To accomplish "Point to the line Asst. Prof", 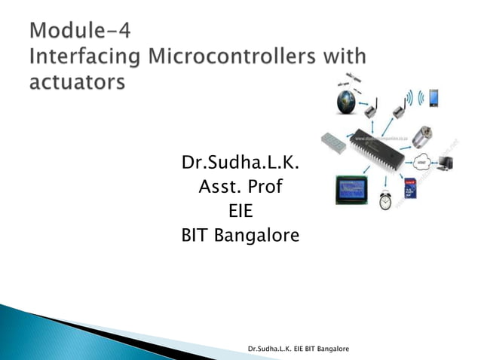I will pos(240,186).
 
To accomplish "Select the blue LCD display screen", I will pos(353,188).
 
